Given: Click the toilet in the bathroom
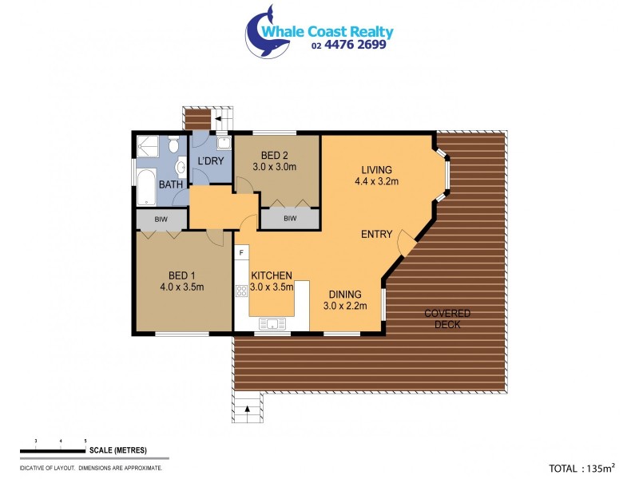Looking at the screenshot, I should coord(173,145).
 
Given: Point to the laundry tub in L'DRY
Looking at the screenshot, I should coord(224,144).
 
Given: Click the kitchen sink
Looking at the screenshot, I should coord(272,323).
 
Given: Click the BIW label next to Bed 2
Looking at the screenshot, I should coord(290,218).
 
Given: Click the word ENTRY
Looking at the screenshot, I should coord(376,234).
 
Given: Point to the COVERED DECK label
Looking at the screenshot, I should coord(447,319).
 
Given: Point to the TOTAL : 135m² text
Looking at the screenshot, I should coord(581,469).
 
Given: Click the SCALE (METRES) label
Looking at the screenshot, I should coord(118,450).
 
